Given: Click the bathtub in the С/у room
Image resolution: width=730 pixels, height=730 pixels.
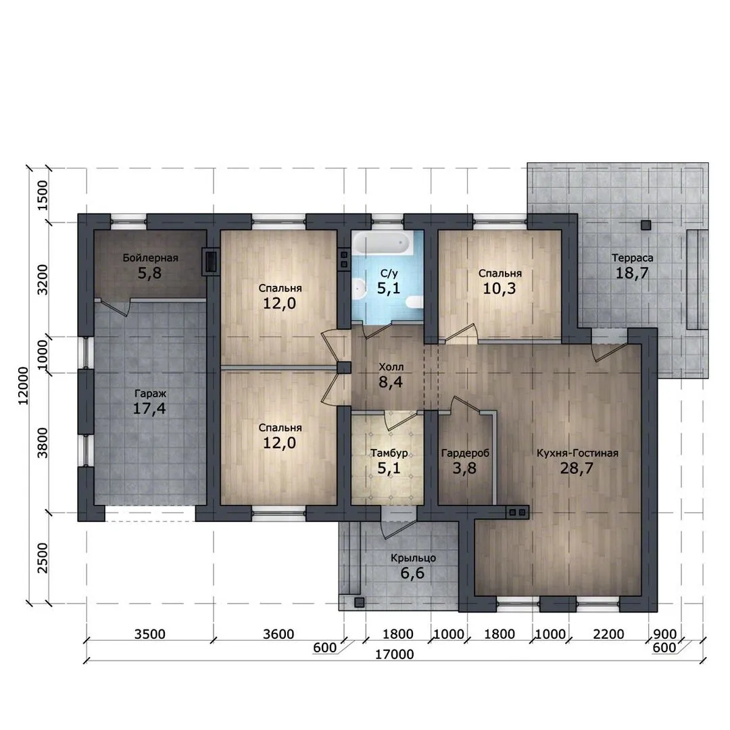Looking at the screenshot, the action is (382, 243).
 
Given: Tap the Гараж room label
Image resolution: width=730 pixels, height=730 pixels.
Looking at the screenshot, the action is (150, 394).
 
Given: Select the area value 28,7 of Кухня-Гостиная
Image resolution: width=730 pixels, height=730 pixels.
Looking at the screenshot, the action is (577, 468).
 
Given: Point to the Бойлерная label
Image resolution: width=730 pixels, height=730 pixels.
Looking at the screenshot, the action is (150, 258).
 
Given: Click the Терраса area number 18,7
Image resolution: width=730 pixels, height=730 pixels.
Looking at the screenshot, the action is (632, 273).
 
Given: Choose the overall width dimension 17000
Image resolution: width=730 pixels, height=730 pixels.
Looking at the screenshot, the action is (394, 654).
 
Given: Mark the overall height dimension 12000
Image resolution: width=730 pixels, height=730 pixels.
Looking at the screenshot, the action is (23, 386).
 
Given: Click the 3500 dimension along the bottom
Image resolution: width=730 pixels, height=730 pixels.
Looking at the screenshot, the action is (150, 634).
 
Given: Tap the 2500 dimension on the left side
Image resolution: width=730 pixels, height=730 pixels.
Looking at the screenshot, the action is (43, 558).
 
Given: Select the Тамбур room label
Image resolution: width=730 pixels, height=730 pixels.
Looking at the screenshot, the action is (389, 452).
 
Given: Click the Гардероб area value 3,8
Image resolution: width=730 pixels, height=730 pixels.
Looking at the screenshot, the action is (464, 468).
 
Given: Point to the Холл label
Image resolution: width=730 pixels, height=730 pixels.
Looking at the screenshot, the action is (391, 367).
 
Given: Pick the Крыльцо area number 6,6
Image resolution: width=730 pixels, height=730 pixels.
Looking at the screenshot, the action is (412, 573).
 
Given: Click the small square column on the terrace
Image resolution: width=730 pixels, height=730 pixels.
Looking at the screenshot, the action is (646, 225).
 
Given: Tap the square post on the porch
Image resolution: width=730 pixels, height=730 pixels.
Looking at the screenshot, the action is (360, 602).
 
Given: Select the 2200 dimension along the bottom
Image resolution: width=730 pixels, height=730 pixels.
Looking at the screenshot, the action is (608, 634).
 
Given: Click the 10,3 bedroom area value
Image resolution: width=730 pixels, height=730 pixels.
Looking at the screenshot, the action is (499, 289).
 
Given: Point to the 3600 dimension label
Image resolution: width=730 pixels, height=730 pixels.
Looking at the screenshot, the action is (278, 634).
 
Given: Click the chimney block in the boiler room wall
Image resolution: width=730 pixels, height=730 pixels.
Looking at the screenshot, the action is (210, 261).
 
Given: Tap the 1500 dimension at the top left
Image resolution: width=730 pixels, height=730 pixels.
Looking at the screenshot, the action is (43, 195).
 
